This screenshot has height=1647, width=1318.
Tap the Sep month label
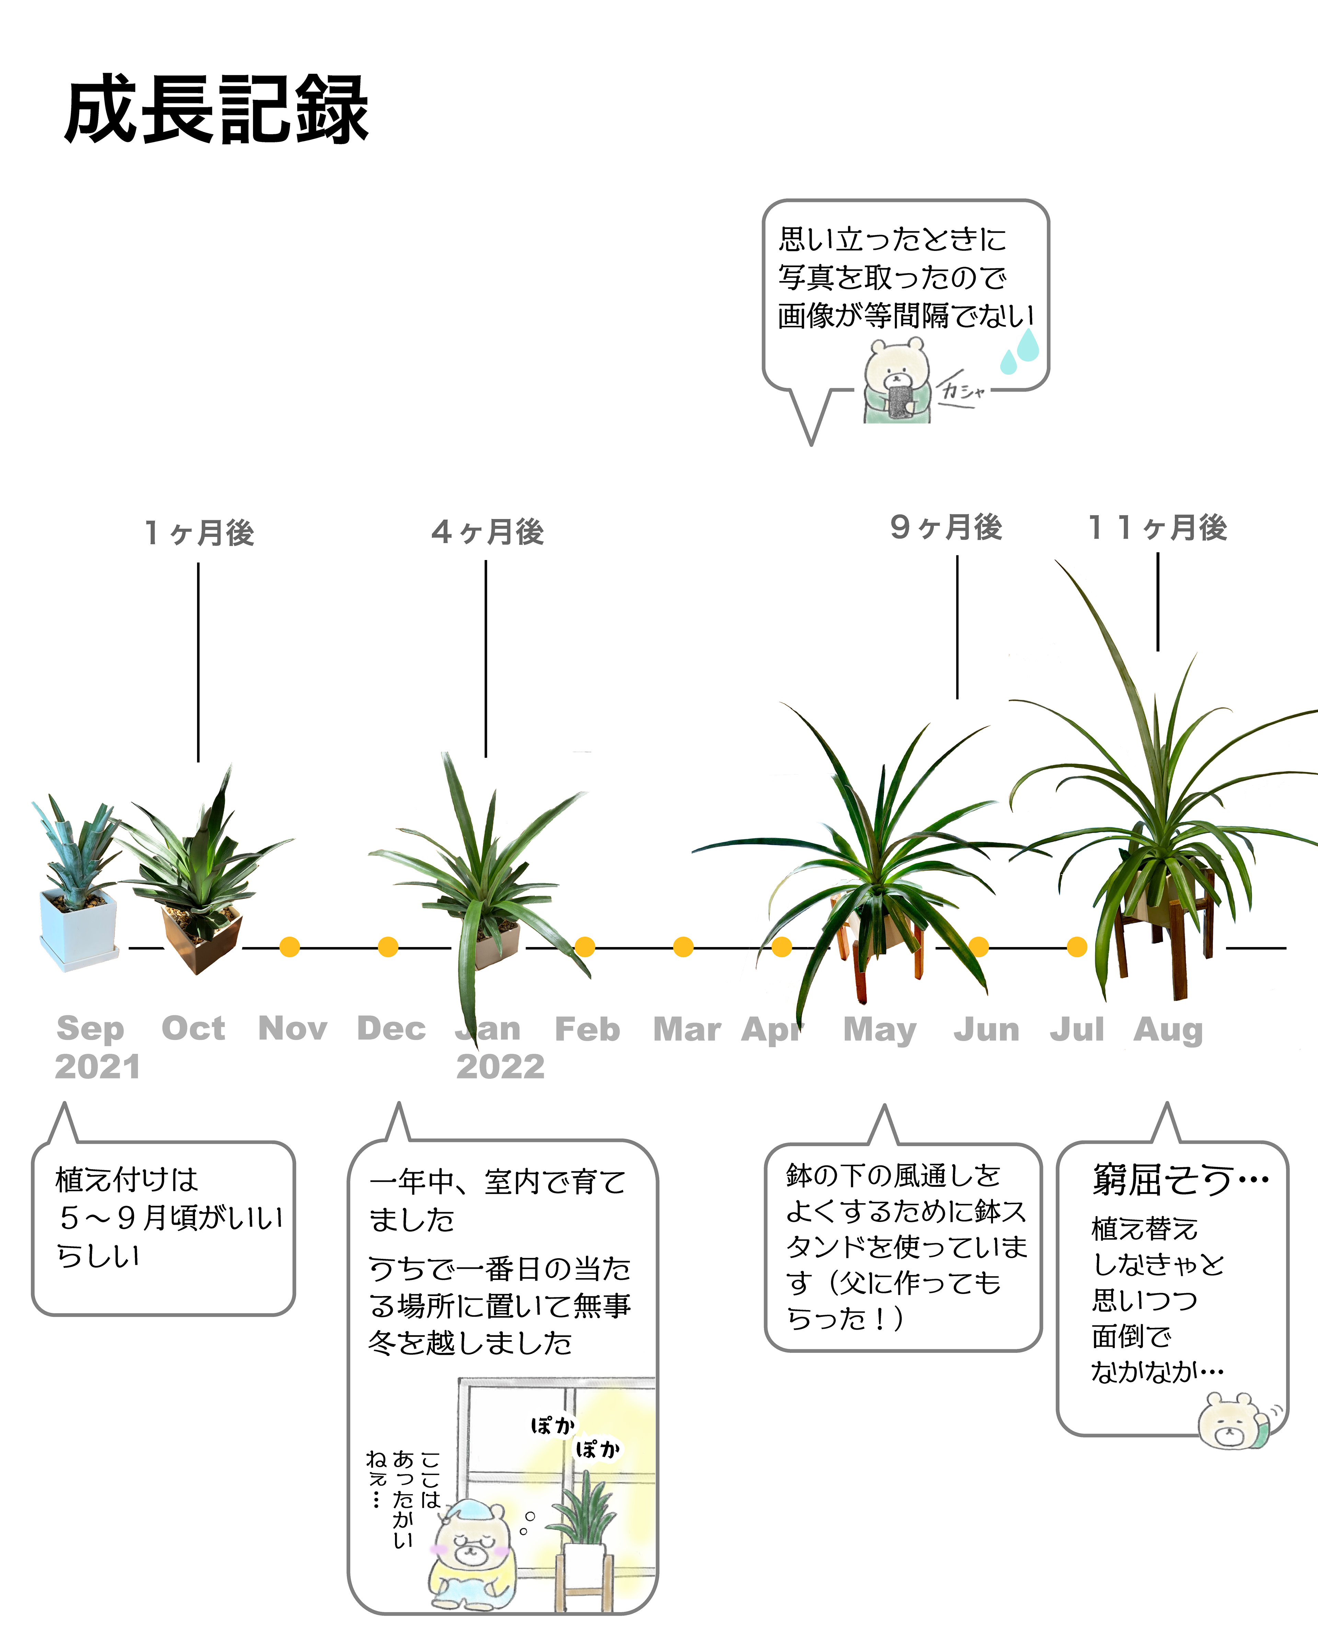[x=90, y=1029]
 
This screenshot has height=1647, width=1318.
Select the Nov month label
[x=293, y=1029]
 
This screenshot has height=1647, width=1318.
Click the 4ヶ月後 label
[x=487, y=532]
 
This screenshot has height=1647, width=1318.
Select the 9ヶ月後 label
[x=946, y=527]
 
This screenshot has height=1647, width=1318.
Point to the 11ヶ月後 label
[x=1158, y=527]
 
